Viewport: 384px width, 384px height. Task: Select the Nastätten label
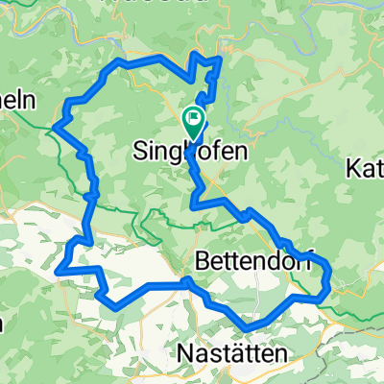[231, 354]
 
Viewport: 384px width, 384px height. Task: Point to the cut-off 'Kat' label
[366, 170]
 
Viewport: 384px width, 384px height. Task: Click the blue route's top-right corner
[222, 60]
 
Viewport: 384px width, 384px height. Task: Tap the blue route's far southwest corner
[60, 272]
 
